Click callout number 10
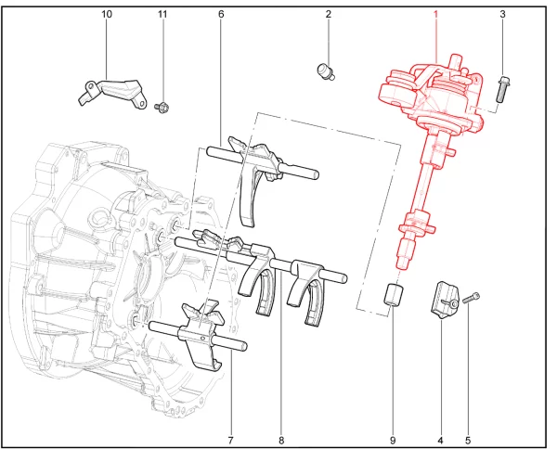pyautogui.click(x=107, y=14)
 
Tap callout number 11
pyautogui.click(x=162, y=14)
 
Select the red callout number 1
pyautogui.click(x=435, y=14)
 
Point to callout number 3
pyautogui.click(x=502, y=14)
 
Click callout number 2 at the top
pyautogui.click(x=329, y=14)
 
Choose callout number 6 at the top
pyautogui.click(x=221, y=14)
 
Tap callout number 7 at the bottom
pyautogui.click(x=230, y=441)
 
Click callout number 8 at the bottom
pyautogui.click(x=281, y=441)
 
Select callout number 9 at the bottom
pyautogui.click(x=393, y=441)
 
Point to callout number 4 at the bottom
pyautogui.click(x=440, y=441)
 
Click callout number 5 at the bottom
pyautogui.click(x=468, y=441)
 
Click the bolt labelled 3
pyautogui.click(x=502, y=89)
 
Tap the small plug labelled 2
pyautogui.click(x=325, y=71)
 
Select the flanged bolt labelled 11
pyautogui.click(x=161, y=106)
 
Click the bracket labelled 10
pyautogui.click(x=112, y=93)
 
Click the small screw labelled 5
pyautogui.click(x=471, y=298)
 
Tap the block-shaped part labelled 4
pyautogui.click(x=445, y=300)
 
